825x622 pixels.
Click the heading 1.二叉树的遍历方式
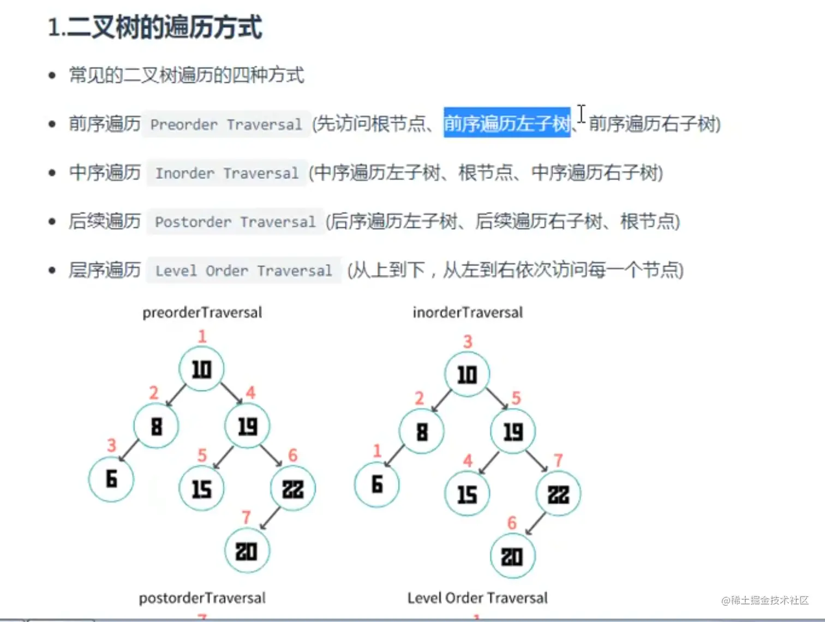tap(155, 27)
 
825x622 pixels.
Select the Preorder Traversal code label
tap(226, 125)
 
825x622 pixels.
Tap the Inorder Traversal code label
tap(227, 174)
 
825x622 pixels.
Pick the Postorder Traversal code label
tap(235, 222)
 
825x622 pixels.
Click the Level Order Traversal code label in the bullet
tap(243, 271)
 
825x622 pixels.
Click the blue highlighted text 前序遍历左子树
tap(506, 123)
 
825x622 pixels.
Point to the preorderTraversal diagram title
tap(202, 313)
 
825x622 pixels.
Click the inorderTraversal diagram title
tap(468, 313)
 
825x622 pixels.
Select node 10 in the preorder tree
tap(201, 369)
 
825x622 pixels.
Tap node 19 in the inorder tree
tap(513, 432)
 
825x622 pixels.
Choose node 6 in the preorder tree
tap(111, 479)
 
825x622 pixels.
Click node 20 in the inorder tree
tap(512, 557)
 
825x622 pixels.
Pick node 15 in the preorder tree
tap(201, 488)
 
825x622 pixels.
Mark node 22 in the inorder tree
tap(558, 494)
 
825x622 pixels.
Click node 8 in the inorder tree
tap(422, 432)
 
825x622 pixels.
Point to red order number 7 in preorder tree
tap(246, 517)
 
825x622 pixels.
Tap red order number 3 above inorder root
tap(468, 342)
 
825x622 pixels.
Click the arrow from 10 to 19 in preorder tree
tap(231, 393)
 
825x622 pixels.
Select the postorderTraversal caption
tap(202, 599)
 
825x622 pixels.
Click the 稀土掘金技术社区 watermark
tap(765, 600)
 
